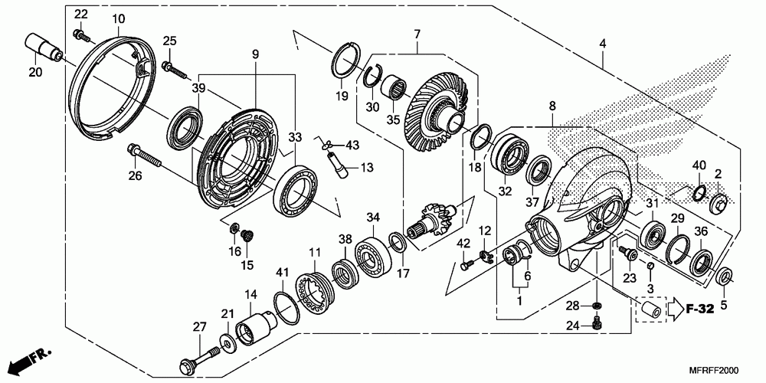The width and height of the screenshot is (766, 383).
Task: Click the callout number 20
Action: point(35,72)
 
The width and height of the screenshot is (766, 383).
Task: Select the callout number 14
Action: point(250,294)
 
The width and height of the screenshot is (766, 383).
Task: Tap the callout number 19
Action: point(341,96)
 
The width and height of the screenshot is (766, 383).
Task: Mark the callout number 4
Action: point(603,44)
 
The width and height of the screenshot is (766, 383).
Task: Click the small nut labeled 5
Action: point(724,276)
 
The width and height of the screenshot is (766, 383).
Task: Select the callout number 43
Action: point(351,145)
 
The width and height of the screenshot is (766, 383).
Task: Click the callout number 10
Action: point(118,18)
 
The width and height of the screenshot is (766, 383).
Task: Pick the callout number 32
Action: point(504,191)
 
